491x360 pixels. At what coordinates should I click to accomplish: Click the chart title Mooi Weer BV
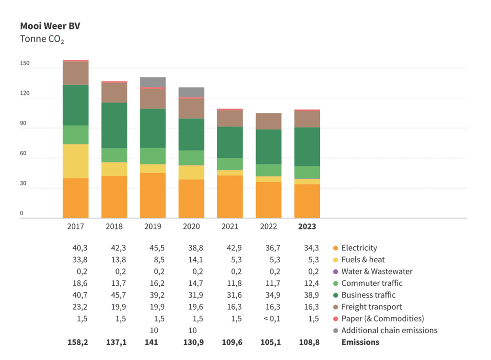point(50,26)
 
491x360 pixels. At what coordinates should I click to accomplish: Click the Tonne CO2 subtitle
point(42,39)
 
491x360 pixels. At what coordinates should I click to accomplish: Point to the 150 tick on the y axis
point(24,63)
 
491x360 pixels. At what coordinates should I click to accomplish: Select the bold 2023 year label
point(307,227)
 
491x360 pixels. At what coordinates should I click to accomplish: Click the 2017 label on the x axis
point(75,227)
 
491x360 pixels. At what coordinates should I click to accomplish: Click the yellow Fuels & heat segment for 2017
point(76,161)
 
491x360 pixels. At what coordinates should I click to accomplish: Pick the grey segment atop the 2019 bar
point(152,82)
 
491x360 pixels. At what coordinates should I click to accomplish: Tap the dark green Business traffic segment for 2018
point(114,125)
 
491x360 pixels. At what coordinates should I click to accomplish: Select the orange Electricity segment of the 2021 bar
point(230,197)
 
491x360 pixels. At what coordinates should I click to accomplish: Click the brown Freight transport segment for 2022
point(269,121)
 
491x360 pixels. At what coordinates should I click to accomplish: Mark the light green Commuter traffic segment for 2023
point(307,173)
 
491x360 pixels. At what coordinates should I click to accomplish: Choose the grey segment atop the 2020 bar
point(191,92)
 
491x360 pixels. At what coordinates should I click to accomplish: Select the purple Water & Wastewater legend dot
point(336,271)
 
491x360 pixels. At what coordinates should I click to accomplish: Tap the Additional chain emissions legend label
point(389,330)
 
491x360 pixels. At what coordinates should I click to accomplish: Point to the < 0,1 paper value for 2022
point(269,319)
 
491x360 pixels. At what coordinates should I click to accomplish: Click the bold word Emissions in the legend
point(360,342)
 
